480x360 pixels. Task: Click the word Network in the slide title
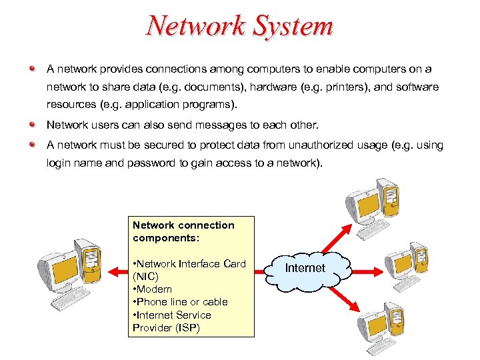click(193, 27)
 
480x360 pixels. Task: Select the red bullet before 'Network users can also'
click(32, 125)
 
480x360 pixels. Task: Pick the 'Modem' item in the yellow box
click(155, 289)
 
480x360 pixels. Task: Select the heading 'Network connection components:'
click(183, 231)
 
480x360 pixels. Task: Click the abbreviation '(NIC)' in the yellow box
click(145, 277)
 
